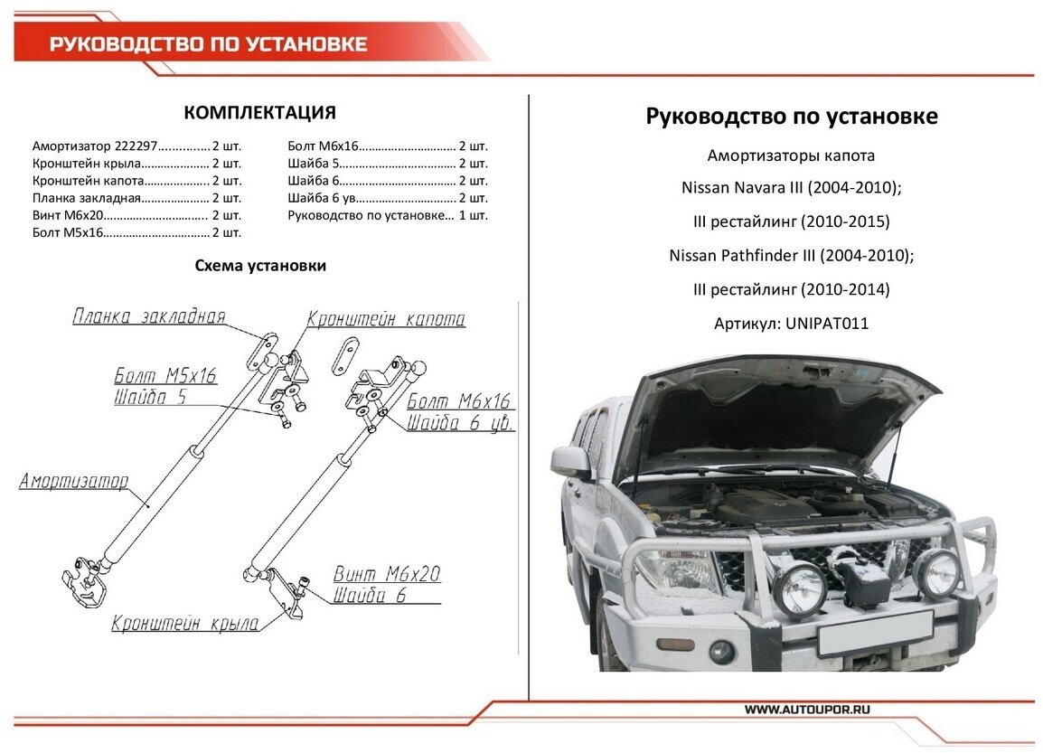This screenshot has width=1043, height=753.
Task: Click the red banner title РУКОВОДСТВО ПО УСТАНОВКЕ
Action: [208, 44]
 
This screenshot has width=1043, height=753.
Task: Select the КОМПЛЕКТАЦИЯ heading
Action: [259, 113]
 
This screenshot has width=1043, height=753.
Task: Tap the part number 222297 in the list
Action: [136, 146]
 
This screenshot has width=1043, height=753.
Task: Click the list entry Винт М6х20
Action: [69, 215]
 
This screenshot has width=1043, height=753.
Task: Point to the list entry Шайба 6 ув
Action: [325, 198]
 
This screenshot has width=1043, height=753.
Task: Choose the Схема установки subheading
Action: [260, 266]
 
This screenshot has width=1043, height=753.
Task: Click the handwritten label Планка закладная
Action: [148, 316]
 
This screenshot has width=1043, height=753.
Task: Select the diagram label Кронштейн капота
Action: [386, 319]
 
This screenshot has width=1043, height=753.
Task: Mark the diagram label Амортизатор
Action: [74, 481]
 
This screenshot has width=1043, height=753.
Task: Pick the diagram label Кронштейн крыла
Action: [185, 623]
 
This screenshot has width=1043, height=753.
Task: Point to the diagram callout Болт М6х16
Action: [458, 401]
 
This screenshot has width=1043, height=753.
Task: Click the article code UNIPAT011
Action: [827, 324]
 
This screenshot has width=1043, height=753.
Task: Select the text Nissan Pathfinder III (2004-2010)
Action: [791, 256]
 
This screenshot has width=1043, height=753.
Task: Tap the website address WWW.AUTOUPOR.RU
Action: [807, 710]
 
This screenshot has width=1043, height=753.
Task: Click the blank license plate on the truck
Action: [874, 632]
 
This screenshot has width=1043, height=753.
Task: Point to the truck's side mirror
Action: [572, 460]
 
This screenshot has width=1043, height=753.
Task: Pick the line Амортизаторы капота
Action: [791, 155]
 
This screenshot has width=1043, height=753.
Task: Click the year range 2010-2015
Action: [845, 221]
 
